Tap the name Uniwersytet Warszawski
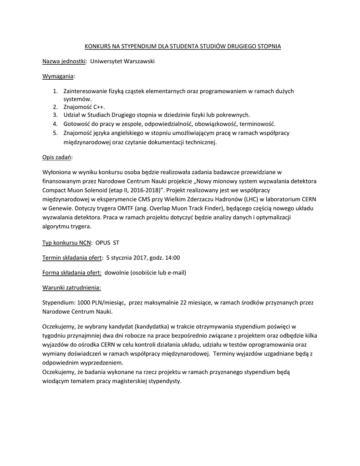click(122, 61)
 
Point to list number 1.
click(56, 91)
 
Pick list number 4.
click(56, 124)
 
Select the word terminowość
click(259, 124)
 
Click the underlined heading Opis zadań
click(57, 157)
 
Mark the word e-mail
click(177, 273)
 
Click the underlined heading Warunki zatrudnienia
click(71, 288)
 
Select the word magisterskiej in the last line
click(126, 381)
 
